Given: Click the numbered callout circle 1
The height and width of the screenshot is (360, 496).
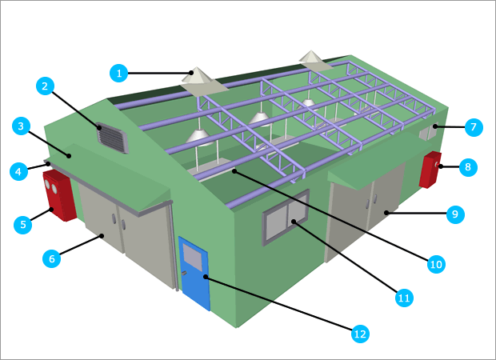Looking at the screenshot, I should (119, 73).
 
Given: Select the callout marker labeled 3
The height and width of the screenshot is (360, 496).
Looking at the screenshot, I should (22, 126).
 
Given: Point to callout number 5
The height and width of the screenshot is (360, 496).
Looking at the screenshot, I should (23, 225).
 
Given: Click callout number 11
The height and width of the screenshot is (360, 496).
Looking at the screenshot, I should (404, 298).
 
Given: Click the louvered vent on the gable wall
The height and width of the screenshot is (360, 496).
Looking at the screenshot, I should (112, 137).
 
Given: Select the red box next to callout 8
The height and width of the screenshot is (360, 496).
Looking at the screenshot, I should (430, 169).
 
